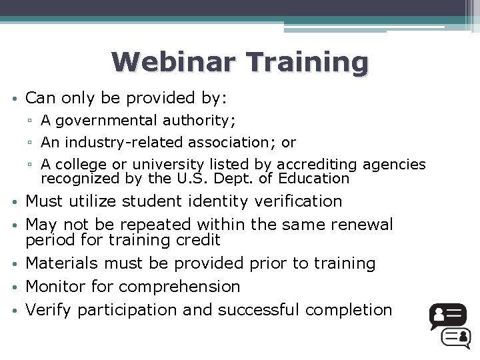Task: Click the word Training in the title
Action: coord(307,63)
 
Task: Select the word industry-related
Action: coord(135,142)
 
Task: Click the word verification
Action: coord(297,201)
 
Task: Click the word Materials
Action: coord(59,263)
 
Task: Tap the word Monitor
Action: coord(52,287)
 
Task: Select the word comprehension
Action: coord(179,287)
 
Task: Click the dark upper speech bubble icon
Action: coord(447,315)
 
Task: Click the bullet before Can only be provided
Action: coord(14,99)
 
